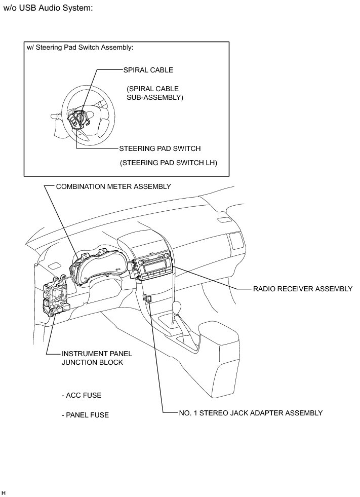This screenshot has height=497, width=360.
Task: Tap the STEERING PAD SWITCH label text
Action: pyautogui.click(x=160, y=149)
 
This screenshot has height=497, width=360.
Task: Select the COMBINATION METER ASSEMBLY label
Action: pyautogui.click(x=113, y=186)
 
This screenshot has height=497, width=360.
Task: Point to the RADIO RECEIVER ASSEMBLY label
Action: pyautogui.click(x=303, y=289)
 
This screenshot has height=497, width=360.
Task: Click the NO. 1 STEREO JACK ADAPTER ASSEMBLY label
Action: pyautogui.click(x=251, y=413)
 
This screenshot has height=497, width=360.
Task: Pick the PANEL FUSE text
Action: pyautogui.click(x=85, y=415)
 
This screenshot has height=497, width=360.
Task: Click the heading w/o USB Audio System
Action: pyautogui.click(x=48, y=9)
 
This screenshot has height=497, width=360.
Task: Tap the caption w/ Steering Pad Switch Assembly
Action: pyautogui.click(x=79, y=48)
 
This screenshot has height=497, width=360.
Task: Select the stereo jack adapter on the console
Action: pyautogui.click(x=147, y=298)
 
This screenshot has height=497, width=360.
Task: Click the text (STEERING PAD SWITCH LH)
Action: pyautogui.click(x=172, y=163)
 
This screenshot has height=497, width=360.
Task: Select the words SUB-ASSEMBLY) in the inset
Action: pyautogui.click(x=155, y=97)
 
